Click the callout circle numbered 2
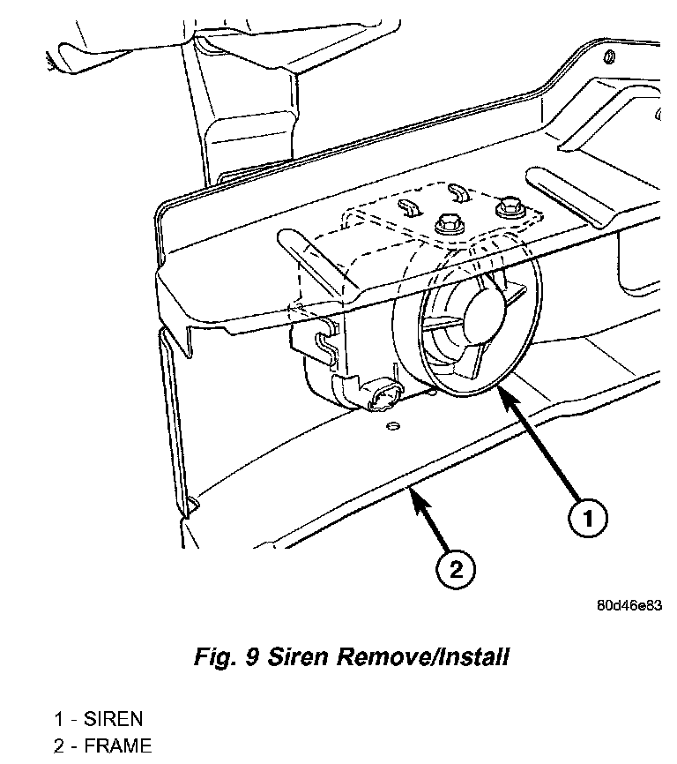[456, 570]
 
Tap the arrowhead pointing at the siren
[505, 393]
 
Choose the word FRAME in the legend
[117, 746]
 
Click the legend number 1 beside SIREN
[58, 719]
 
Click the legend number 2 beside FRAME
[58, 746]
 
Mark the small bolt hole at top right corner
[609, 58]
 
